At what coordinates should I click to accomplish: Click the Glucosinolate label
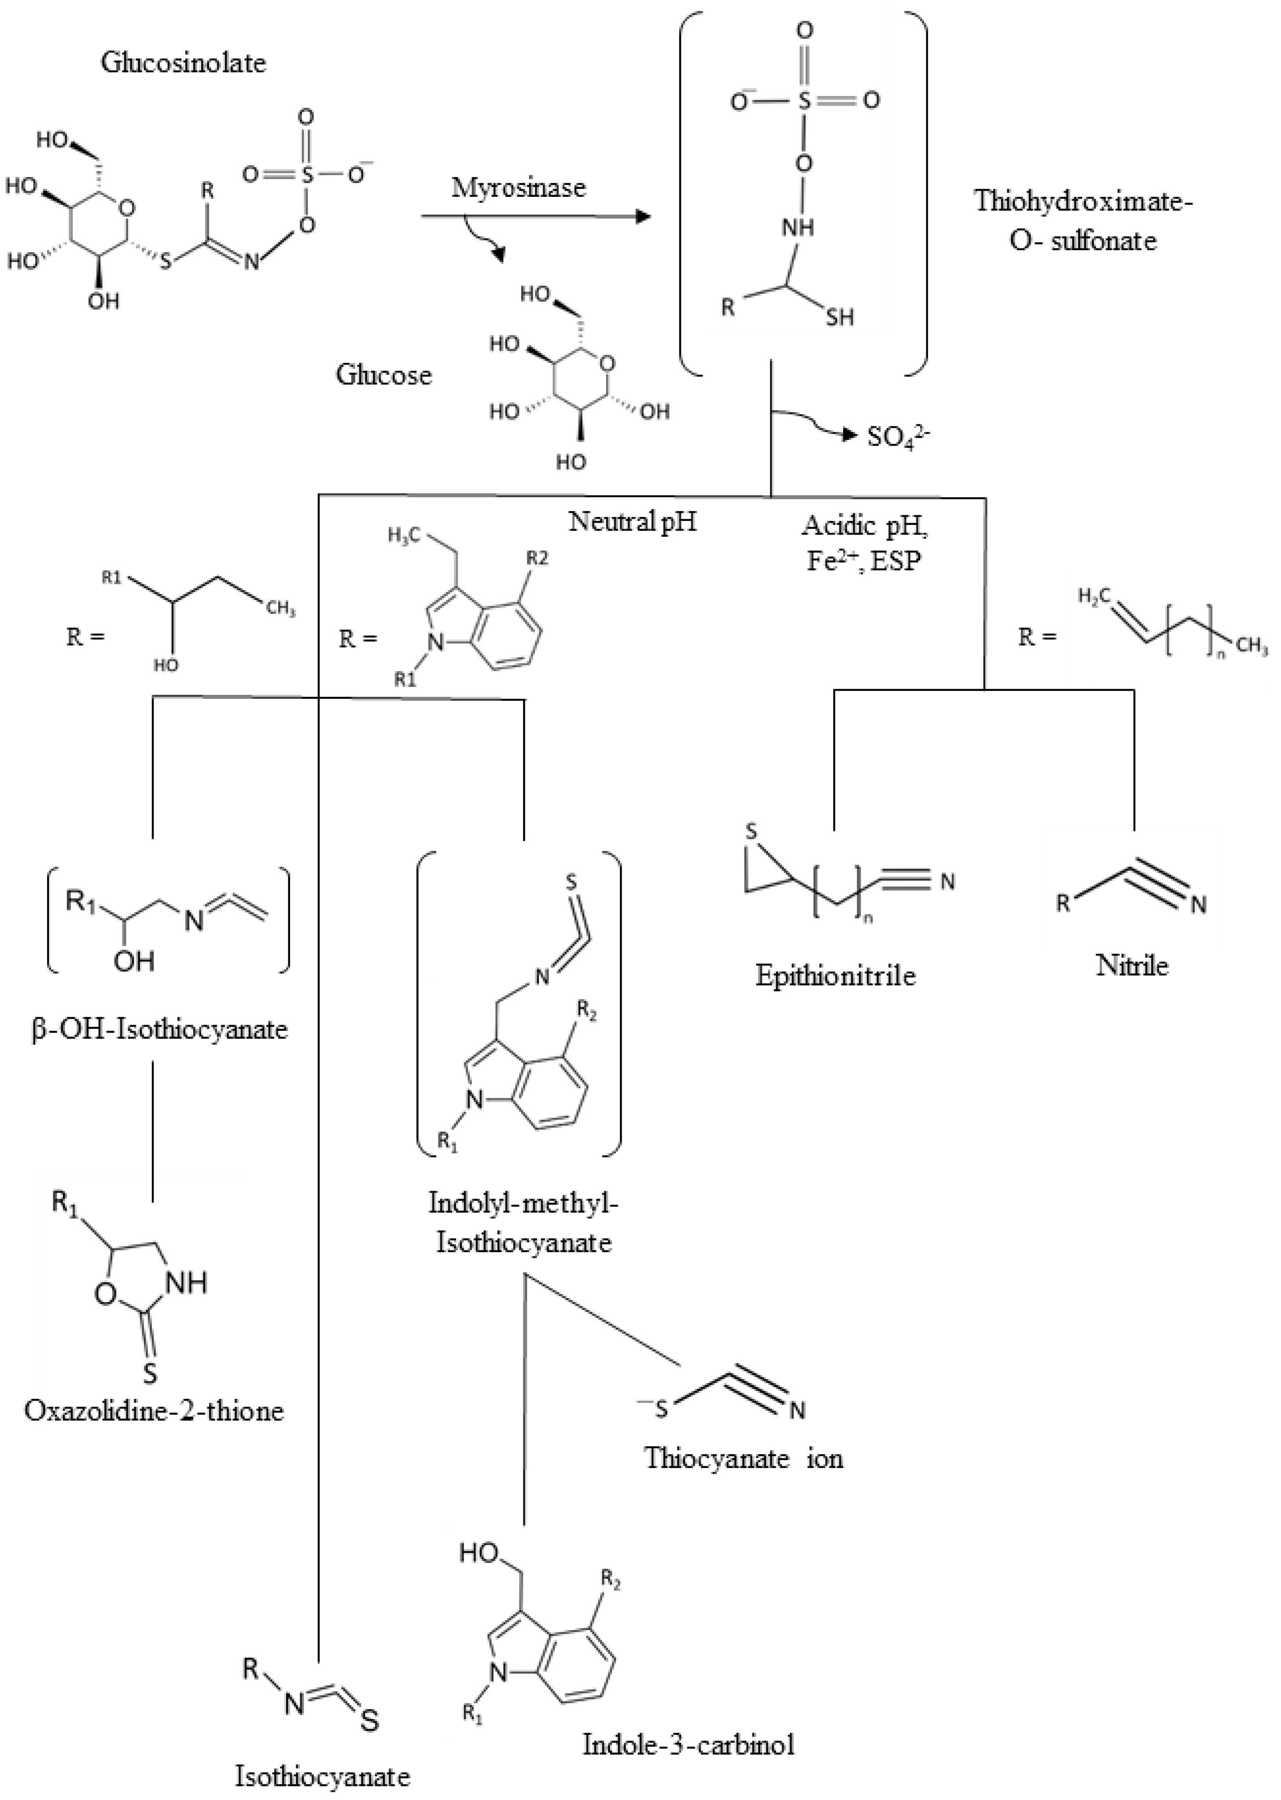(183, 63)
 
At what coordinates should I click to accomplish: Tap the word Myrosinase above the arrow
(518, 188)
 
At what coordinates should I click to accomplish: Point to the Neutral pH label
(633, 521)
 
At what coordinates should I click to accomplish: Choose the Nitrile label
(1132, 965)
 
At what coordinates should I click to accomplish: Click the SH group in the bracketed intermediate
(840, 317)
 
